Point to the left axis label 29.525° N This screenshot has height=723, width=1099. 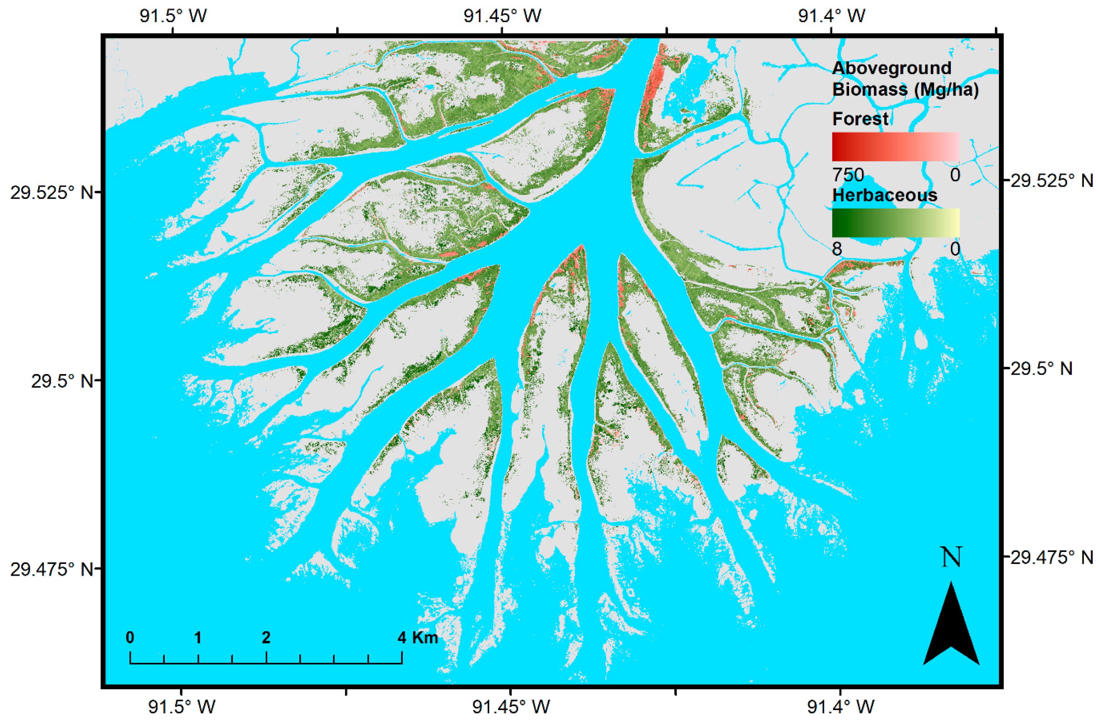coord(52,192)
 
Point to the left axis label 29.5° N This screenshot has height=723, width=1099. coord(62,381)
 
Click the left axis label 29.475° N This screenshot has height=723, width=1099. coord(52,569)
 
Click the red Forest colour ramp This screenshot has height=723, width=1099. coord(895,147)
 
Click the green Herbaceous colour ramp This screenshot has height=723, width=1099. coord(895,222)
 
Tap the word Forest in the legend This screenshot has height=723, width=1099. coord(860,119)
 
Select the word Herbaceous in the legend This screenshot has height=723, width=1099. coord(884,195)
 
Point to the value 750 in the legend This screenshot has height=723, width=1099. coord(848,175)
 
